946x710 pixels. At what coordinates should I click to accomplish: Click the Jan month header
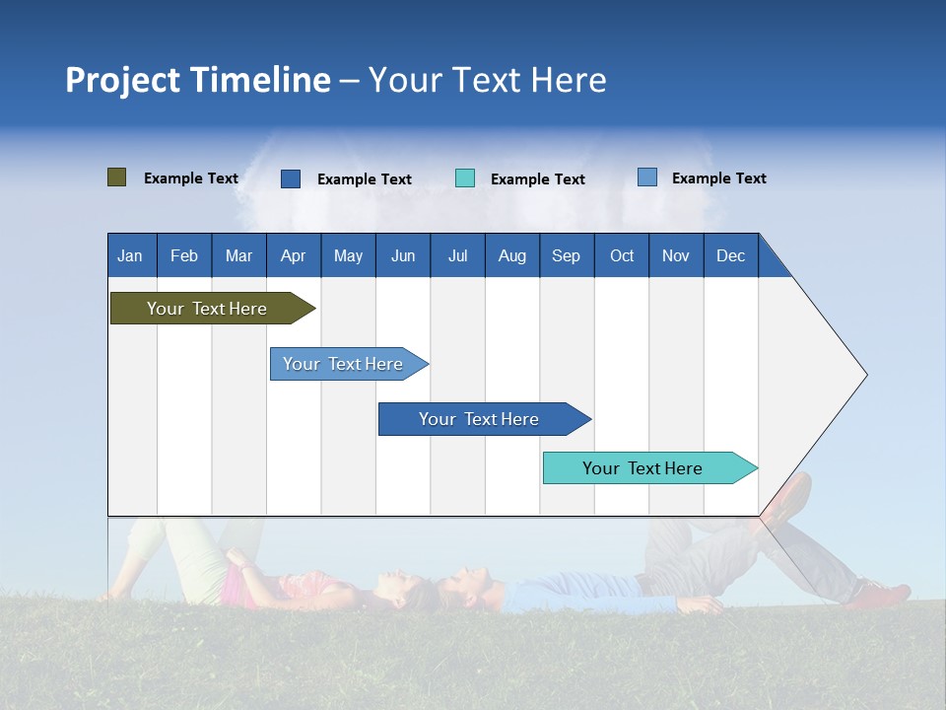(x=130, y=256)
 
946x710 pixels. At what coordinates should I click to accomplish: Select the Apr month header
(x=294, y=256)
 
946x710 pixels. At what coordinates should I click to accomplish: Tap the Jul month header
(x=457, y=256)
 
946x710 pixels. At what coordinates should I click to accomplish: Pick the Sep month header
(x=566, y=256)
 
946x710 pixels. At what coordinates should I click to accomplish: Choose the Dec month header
(x=730, y=256)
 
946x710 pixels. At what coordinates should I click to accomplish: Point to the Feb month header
(x=184, y=256)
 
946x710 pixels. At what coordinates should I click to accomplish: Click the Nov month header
(x=676, y=256)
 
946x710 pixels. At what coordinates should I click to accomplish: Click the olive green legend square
(x=117, y=177)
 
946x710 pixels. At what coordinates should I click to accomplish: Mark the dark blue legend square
(x=291, y=178)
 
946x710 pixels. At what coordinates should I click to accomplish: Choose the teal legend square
(x=465, y=178)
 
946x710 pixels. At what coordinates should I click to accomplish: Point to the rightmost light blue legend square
(x=647, y=177)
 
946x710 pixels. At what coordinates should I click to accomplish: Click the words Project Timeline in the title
(x=198, y=80)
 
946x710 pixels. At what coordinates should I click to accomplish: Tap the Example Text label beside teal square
(x=538, y=179)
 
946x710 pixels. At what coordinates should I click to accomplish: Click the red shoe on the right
(x=879, y=596)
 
